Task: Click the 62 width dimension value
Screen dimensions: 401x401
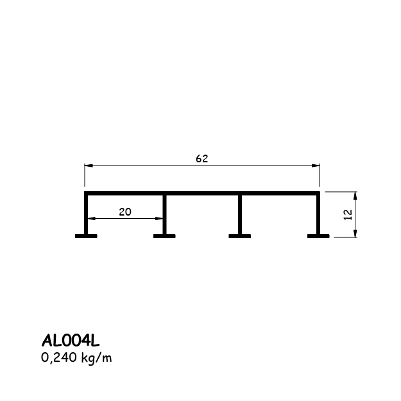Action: click(x=201, y=159)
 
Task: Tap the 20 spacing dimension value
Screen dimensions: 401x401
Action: click(x=125, y=212)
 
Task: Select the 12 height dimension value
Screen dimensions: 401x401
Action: click(x=348, y=214)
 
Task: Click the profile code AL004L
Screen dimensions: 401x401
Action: click(x=71, y=341)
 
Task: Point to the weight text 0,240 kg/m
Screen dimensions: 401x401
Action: click(x=76, y=358)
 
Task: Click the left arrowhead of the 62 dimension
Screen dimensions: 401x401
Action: click(x=89, y=166)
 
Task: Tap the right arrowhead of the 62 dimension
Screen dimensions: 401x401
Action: click(x=316, y=166)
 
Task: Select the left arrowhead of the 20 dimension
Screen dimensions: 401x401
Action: click(x=92, y=218)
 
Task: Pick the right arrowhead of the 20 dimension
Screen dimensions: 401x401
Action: click(x=159, y=218)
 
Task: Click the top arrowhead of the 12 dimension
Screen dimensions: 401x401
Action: click(x=355, y=196)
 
